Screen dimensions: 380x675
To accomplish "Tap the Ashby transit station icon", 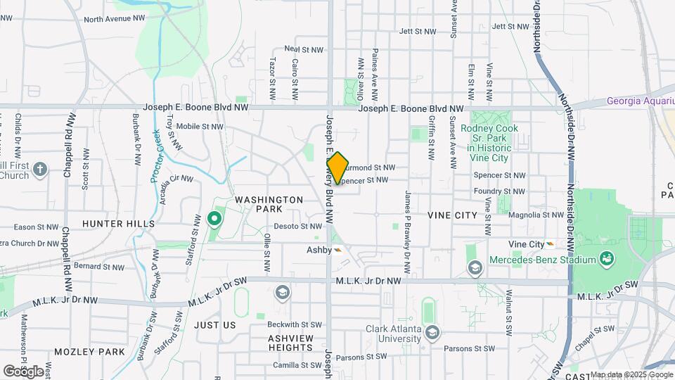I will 338,249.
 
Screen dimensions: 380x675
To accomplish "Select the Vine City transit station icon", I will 551,243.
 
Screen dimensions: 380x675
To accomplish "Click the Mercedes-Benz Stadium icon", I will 605,259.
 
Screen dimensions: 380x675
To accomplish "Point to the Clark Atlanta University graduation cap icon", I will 432,332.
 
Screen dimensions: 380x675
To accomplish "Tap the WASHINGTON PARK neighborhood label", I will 269,204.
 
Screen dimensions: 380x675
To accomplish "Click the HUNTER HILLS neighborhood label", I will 118,223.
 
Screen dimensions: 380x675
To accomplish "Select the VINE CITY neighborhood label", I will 452,215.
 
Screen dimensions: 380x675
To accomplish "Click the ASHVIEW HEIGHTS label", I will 290,343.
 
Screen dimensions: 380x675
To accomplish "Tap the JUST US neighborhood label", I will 214,325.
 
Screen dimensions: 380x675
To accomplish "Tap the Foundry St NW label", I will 499,190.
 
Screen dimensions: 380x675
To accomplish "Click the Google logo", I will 22,370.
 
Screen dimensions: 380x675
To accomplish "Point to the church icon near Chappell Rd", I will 40,169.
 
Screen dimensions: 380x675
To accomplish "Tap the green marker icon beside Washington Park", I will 215,220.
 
